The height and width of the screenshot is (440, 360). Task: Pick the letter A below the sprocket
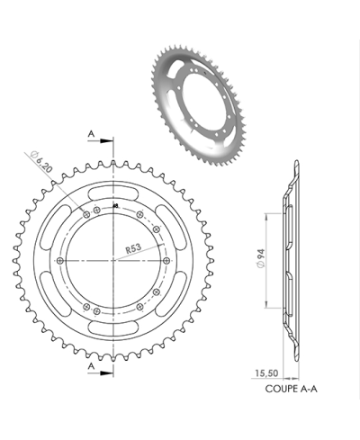click(90, 368)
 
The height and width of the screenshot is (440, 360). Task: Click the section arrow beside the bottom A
click(105, 368)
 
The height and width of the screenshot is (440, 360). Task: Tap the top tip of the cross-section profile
click(297, 161)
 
